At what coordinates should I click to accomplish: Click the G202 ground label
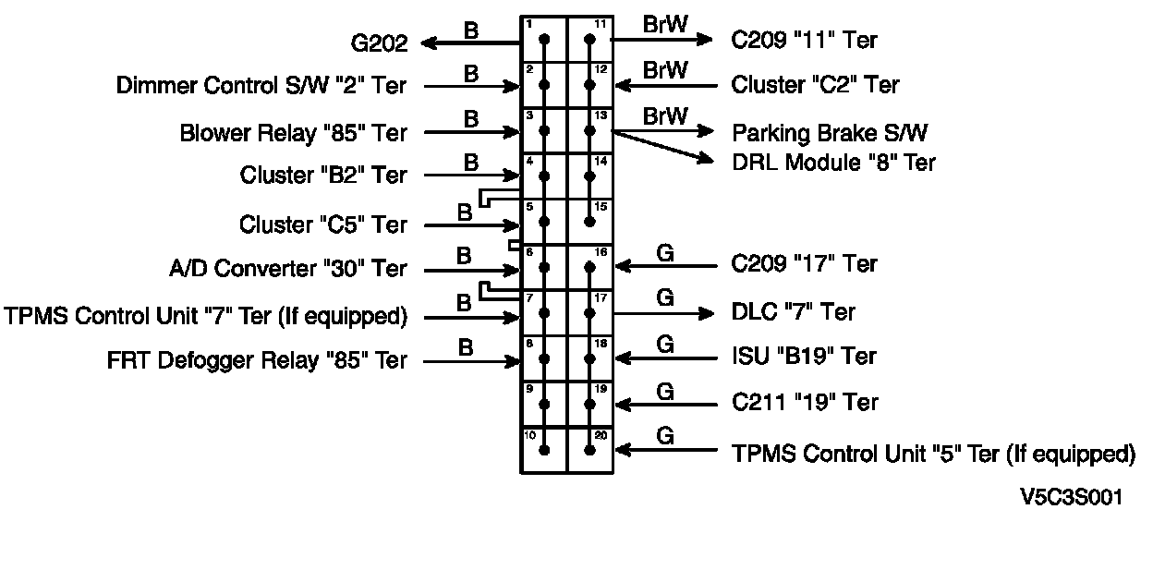click(x=379, y=42)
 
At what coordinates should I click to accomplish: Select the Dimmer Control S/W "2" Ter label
click(x=261, y=86)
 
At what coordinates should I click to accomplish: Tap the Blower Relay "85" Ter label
click(x=293, y=133)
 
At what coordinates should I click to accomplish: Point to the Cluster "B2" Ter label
click(x=323, y=175)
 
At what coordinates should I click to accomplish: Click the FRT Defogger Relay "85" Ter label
click(x=257, y=361)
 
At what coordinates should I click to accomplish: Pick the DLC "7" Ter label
click(x=793, y=312)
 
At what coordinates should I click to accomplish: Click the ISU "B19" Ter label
click(x=804, y=357)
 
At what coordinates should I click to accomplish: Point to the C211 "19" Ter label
click(x=805, y=403)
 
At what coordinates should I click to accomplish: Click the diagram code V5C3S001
click(x=1071, y=497)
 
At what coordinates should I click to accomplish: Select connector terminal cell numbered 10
click(x=543, y=450)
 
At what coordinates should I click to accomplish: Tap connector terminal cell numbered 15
click(x=589, y=221)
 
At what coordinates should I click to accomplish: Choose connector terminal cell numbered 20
click(x=589, y=450)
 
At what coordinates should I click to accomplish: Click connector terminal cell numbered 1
click(x=543, y=39)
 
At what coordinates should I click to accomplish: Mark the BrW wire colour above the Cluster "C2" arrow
click(x=664, y=70)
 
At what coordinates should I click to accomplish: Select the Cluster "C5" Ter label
click(x=323, y=224)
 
